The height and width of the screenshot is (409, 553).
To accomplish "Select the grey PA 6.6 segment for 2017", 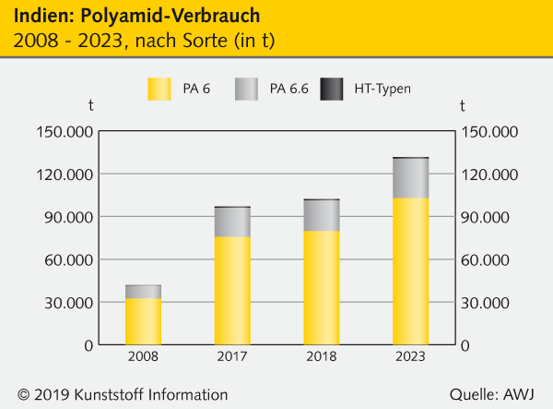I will (232, 222).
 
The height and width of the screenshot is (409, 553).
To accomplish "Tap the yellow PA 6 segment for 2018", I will (322, 287).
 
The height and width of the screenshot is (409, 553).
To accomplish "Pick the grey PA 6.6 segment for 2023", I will (410, 178).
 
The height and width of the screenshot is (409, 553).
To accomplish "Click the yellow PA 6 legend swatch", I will (159, 89).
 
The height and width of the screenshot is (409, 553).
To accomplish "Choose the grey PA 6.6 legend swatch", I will (244, 89).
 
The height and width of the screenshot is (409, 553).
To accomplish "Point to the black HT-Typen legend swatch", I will (331, 89).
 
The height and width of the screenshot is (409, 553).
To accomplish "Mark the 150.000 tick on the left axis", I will (64, 132).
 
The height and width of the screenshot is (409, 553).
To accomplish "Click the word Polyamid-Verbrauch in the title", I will (162, 18).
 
